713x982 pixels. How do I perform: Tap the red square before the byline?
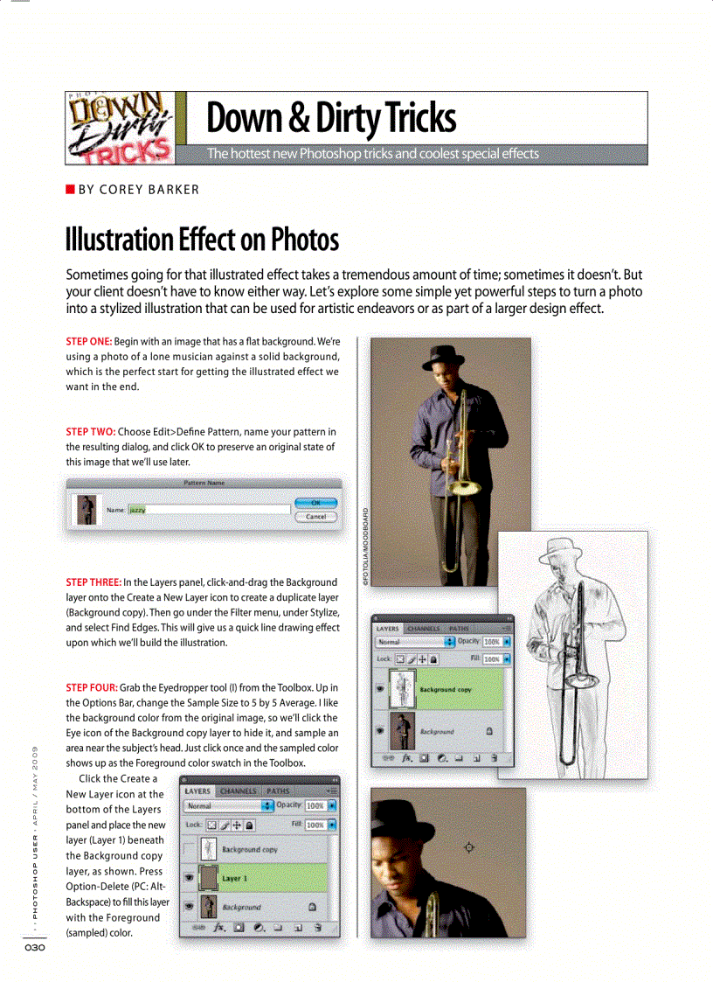(70, 190)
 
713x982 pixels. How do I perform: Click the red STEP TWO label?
(90, 432)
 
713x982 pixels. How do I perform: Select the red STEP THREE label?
(93, 582)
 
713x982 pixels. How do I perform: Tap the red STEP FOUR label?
(92, 687)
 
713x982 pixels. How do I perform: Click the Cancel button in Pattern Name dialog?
(315, 517)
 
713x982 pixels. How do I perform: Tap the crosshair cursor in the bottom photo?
(469, 846)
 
